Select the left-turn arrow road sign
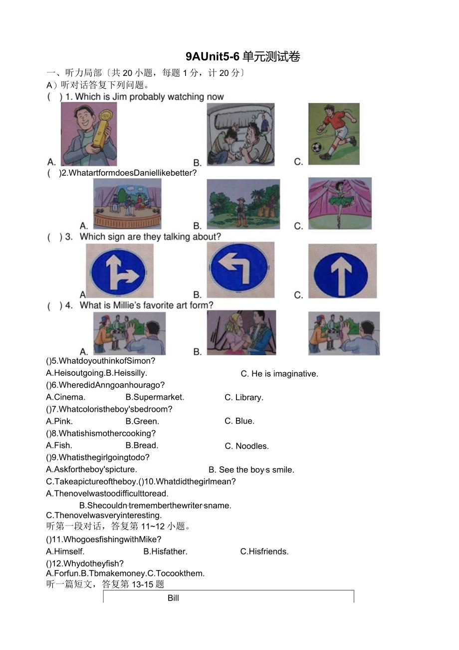point(240,270)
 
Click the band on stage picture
point(127,203)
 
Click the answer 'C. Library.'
point(243,398)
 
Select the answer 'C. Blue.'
point(239,421)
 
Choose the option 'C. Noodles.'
point(246,446)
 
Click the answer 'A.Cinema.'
point(65,397)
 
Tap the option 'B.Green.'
point(142,421)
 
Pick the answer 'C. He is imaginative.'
point(279,374)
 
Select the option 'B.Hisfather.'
point(165,552)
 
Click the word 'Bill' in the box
point(173,598)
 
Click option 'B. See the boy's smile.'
point(251,470)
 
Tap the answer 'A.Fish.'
point(59,445)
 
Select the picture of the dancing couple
point(241,332)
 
